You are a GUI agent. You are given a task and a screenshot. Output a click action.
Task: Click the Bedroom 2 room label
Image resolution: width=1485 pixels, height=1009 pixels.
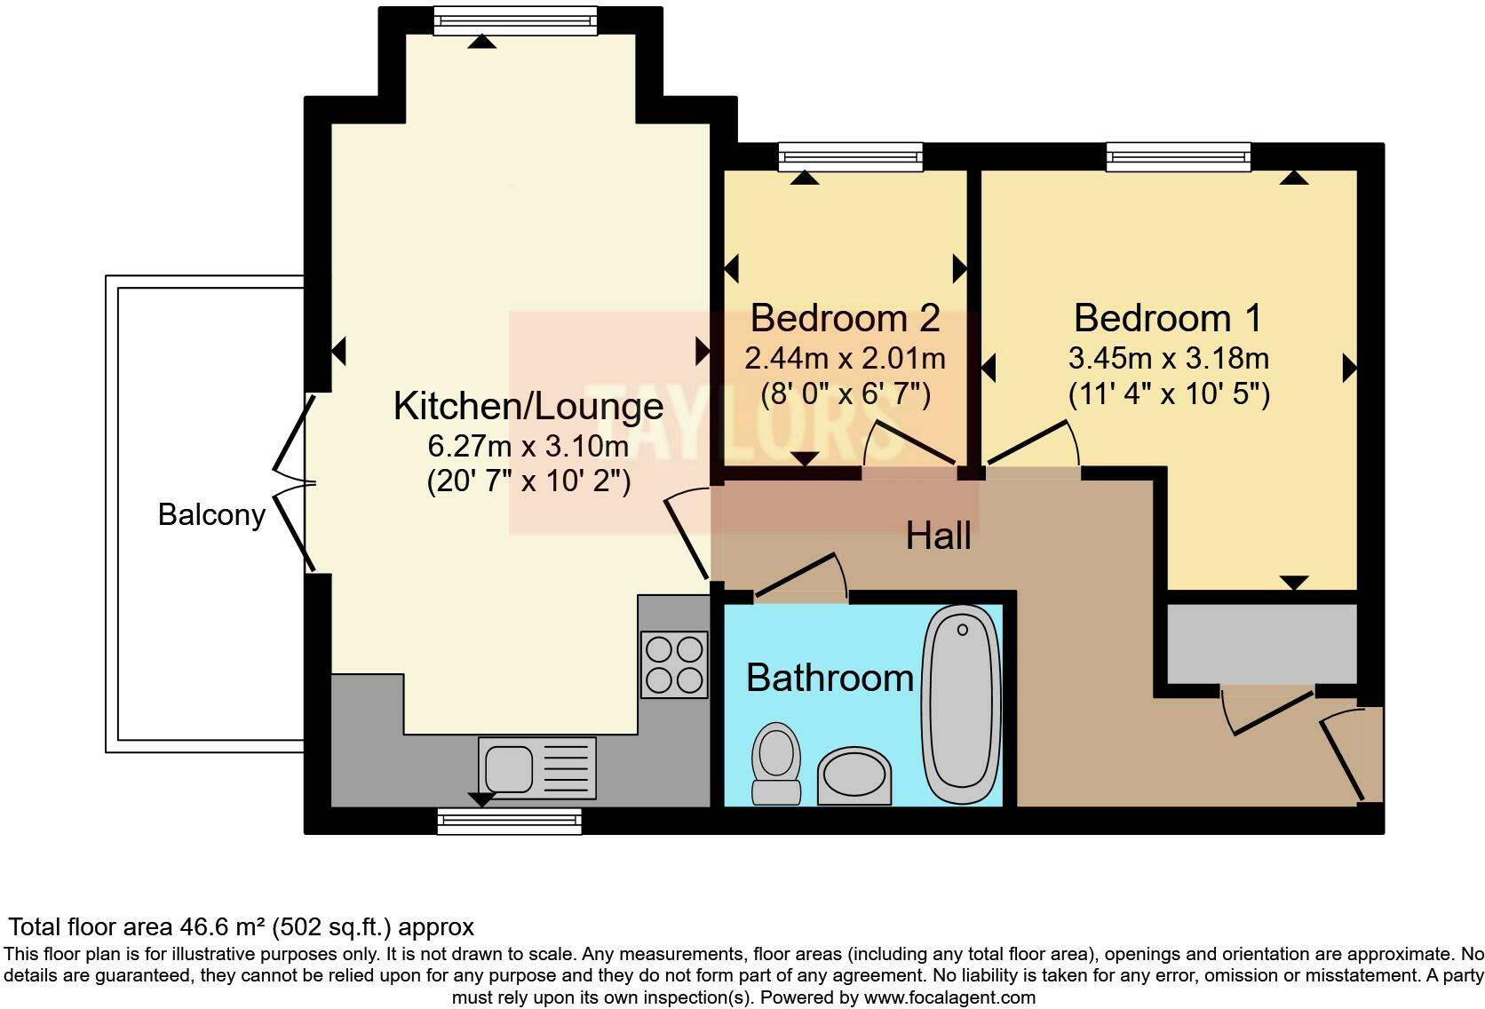click(x=845, y=318)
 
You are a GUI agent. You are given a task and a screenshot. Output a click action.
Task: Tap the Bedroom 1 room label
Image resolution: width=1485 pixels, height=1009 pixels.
click(x=1167, y=318)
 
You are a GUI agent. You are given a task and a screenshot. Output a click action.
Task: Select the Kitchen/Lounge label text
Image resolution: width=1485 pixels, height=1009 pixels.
click(x=528, y=407)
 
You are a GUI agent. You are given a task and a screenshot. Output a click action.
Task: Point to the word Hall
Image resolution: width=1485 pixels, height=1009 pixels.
click(x=938, y=536)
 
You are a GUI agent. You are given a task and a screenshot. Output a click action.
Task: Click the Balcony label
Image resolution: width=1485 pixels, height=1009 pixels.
click(x=211, y=515)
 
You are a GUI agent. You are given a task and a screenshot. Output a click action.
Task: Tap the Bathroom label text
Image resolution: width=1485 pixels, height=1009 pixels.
click(x=830, y=679)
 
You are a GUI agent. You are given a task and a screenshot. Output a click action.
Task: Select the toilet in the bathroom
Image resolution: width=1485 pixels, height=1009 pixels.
click(x=776, y=762)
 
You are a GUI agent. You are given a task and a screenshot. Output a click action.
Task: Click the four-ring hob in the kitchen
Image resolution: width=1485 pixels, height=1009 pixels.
click(x=674, y=664)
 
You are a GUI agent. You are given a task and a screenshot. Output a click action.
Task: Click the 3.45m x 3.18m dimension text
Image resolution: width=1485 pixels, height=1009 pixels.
click(x=1168, y=359)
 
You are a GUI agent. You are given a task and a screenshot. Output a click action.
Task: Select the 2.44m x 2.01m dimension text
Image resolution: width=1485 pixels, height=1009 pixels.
click(x=845, y=359)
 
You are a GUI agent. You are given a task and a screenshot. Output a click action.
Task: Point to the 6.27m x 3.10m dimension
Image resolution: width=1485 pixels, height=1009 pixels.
click(x=528, y=445)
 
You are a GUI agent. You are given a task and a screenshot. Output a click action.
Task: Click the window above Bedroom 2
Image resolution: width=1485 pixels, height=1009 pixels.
click(x=850, y=157)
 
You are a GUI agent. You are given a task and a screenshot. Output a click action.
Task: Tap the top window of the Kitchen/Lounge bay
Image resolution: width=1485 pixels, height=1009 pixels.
click(x=515, y=20)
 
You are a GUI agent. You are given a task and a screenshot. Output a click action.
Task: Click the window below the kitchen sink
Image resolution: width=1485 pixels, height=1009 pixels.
click(x=509, y=821)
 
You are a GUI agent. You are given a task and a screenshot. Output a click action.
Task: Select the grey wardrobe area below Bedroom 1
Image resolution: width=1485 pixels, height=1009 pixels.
click(x=1261, y=644)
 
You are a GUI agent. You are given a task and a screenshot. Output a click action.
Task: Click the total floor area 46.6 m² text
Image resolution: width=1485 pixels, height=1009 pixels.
click(x=241, y=927)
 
